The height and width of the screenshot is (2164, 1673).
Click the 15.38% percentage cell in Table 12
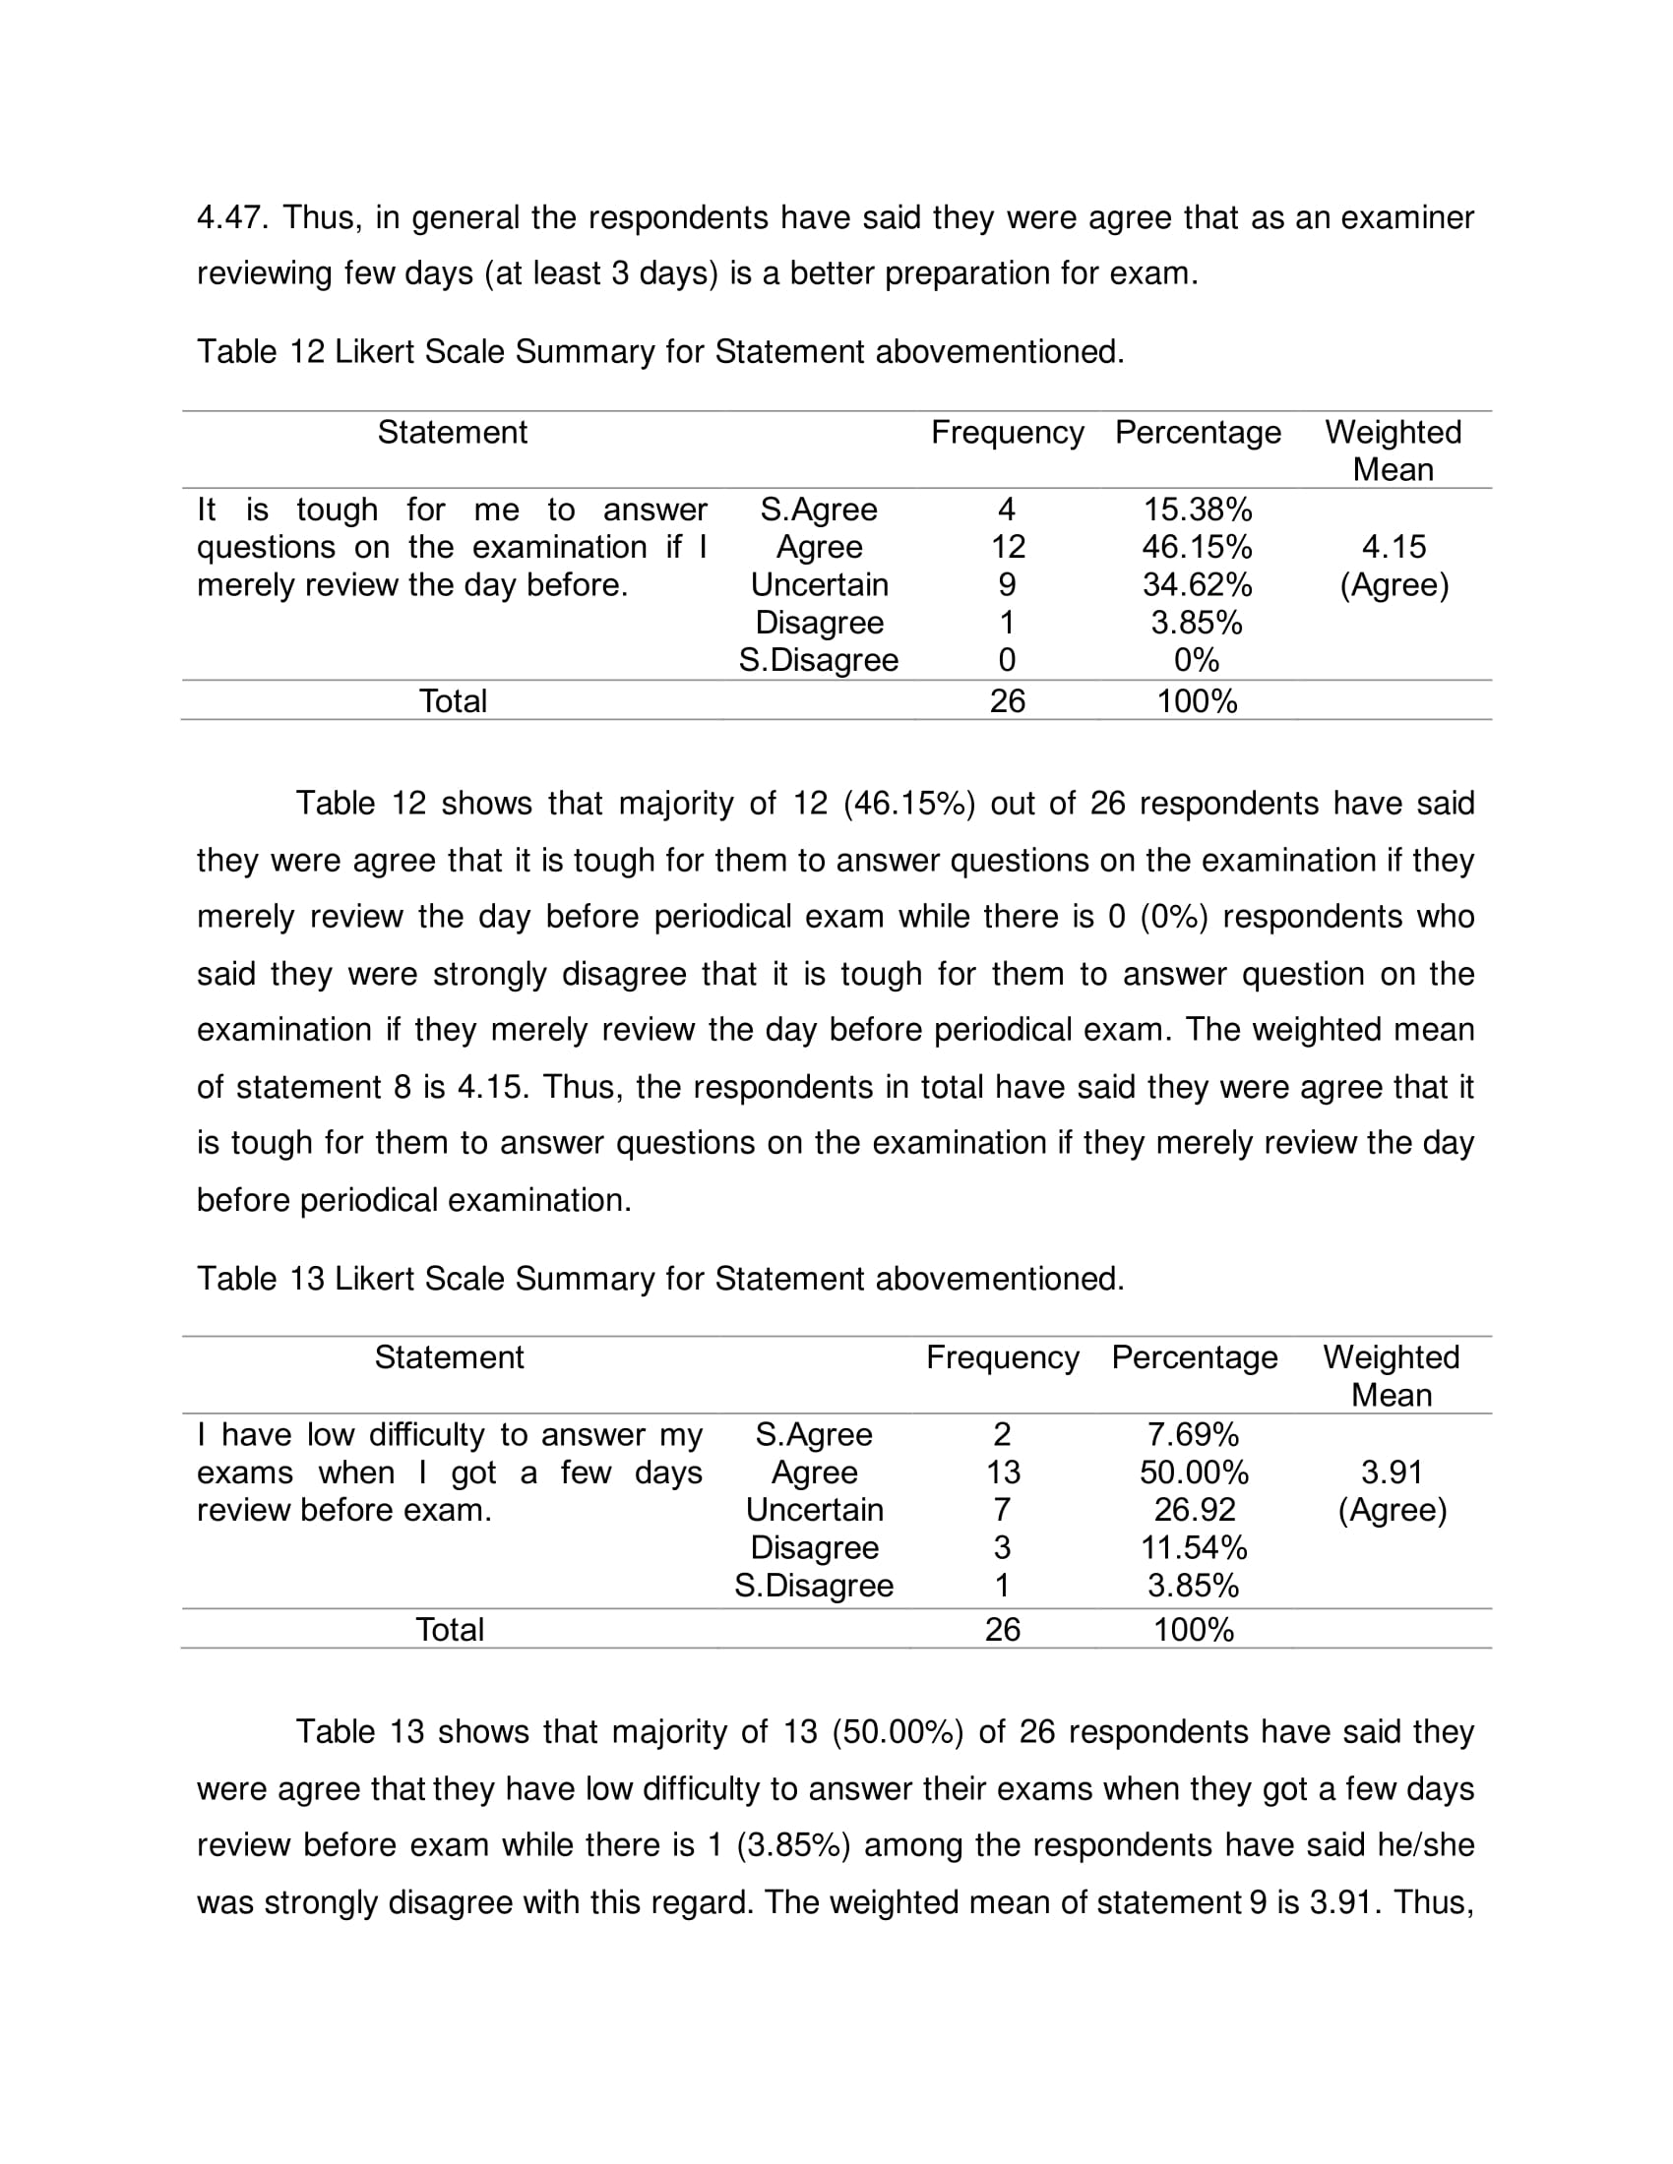[x=1198, y=510]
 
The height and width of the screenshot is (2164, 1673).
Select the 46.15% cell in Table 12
[x=1198, y=547]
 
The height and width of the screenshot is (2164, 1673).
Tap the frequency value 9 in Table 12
[x=1006, y=584]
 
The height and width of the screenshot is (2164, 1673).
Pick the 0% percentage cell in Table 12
[x=1197, y=660]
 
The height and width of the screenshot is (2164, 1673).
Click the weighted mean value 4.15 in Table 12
[x=1394, y=547]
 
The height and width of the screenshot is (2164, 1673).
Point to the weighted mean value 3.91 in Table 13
[x=1392, y=1473]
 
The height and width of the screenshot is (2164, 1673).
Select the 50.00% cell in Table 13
[x=1194, y=1473]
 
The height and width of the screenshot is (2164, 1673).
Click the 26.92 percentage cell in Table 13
[x=1195, y=1510]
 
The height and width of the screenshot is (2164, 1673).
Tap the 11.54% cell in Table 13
[x=1194, y=1547]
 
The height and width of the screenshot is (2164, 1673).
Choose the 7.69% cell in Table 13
[x=1194, y=1435]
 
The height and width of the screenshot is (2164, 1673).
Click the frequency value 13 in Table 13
[x=1003, y=1473]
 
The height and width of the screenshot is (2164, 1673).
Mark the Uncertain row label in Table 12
[x=819, y=584]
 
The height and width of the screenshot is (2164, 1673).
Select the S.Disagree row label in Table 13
[x=814, y=1586]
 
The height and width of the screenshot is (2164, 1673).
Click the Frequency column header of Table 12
[x=1007, y=433]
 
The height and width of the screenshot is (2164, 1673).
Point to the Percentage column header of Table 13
[x=1195, y=1357]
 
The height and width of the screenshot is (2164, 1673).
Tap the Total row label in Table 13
[x=449, y=1629]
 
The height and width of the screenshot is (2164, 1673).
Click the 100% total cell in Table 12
[x=1197, y=701]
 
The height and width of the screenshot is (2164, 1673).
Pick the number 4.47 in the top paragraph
[x=231, y=218]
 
